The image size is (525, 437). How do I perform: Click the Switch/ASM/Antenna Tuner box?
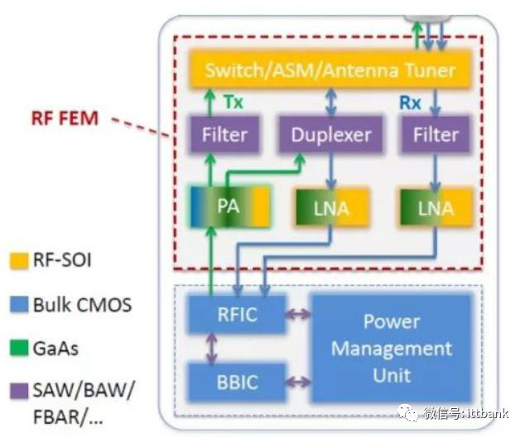pos(330,70)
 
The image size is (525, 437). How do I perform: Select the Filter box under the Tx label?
pos(224,135)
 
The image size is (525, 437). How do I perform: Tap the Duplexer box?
pos(330,135)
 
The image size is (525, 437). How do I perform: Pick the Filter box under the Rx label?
pos(436,135)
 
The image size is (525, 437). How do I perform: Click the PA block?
pos(230,206)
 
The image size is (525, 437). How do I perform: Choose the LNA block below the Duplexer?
pos(332,208)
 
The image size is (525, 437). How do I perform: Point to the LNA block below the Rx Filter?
pos(436,208)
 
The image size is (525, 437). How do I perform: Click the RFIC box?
pos(237,315)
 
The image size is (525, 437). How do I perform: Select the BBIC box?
pos(237,382)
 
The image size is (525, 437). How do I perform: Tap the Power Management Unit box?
pos(392,348)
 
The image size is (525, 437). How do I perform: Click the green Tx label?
pos(233,102)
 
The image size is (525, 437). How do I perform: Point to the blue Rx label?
pos(410,103)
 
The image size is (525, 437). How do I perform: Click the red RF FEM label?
pos(65,118)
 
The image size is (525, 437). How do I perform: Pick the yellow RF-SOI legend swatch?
pos(19,261)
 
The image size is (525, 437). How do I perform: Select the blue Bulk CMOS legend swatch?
pos(19,305)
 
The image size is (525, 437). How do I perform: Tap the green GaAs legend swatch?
pos(19,348)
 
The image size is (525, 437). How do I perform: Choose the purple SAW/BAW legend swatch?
pos(19,391)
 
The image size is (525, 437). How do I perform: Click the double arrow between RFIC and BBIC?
pos(212,348)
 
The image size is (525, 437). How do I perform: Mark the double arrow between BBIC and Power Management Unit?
pos(298,382)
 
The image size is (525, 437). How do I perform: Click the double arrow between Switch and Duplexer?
pos(331,103)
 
